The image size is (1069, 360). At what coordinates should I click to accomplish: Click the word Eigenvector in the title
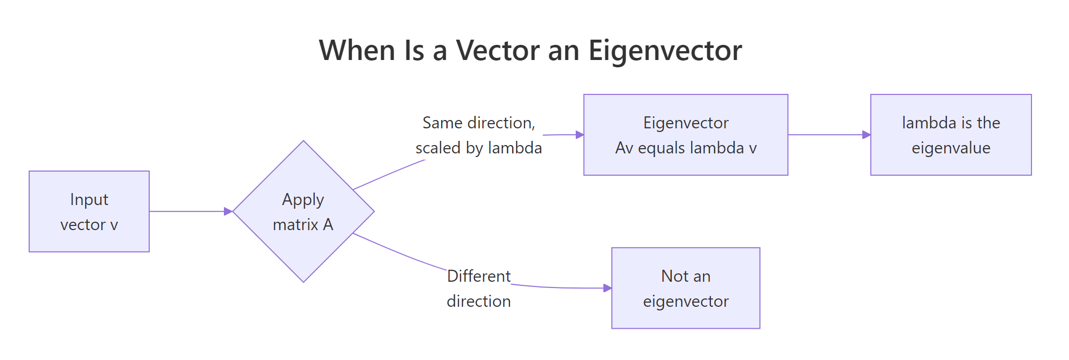665,51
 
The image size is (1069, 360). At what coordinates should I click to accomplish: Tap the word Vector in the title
498,51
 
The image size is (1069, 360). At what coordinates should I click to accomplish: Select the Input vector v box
89,211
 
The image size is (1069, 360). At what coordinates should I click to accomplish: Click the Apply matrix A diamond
303,211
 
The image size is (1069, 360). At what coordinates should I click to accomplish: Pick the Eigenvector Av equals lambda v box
685,135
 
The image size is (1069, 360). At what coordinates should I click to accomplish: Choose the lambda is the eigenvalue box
951,135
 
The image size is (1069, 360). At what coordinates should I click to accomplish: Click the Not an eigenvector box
685,288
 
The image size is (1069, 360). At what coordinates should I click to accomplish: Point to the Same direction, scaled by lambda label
479,135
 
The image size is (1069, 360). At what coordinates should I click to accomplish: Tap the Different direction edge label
479,289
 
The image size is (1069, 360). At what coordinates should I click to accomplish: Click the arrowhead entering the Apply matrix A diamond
228,211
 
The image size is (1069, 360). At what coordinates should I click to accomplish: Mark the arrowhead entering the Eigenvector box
579,135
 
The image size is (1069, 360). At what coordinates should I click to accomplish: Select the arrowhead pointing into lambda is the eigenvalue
866,135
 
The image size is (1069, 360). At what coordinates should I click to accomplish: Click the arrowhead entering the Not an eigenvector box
608,288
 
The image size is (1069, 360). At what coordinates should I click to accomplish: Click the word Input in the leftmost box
89,199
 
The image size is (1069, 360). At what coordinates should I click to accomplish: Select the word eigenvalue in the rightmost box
951,148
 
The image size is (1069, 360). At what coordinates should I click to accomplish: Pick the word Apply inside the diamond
303,199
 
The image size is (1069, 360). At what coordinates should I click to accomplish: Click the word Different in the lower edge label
479,276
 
